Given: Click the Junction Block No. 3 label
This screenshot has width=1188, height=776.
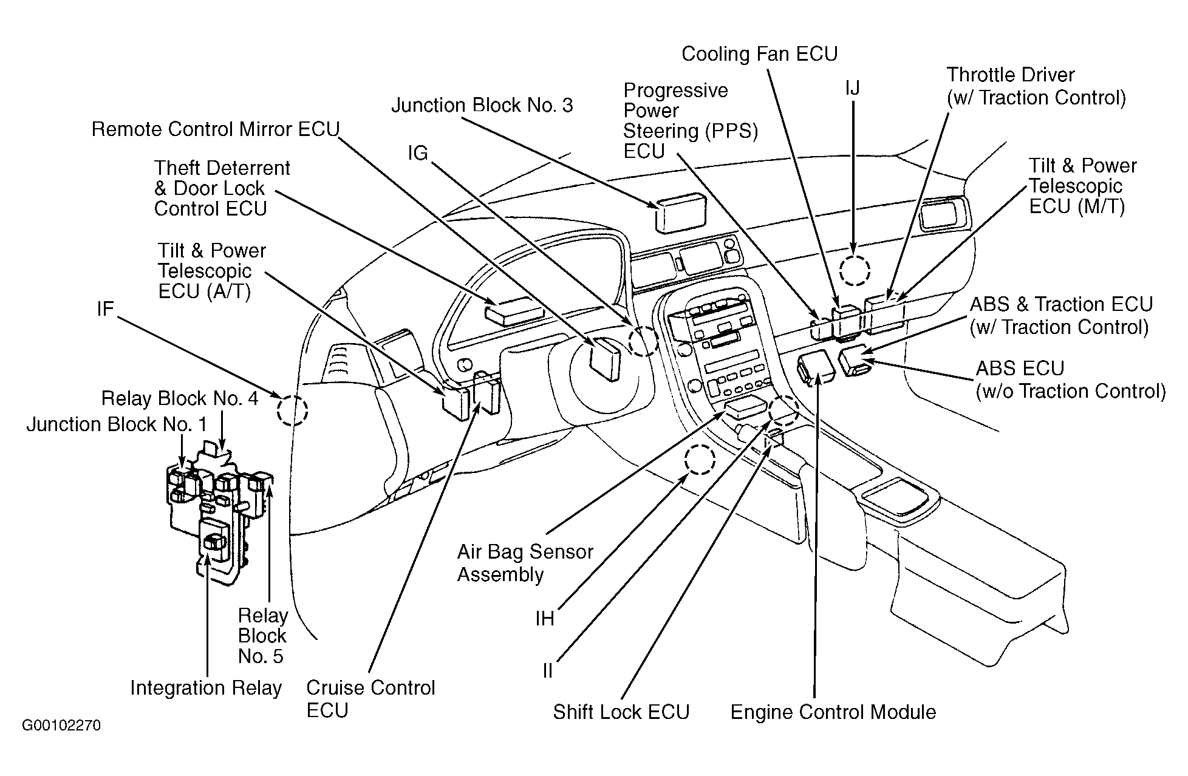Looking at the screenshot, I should point(482,106).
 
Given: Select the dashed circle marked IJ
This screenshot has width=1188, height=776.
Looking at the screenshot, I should point(855,270).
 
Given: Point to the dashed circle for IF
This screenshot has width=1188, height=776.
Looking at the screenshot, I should point(292,410).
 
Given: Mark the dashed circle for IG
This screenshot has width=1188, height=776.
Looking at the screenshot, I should point(644,341).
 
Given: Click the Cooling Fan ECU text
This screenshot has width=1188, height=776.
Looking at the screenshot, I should point(759,54).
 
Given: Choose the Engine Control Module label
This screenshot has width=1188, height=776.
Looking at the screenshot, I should point(833,712).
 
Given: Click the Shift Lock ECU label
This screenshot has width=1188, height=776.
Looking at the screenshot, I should point(621,712).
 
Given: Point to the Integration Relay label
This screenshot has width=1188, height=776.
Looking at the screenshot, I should point(206,688).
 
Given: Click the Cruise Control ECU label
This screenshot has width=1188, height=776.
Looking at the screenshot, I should point(370,699).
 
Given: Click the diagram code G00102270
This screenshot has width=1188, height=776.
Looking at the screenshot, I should point(61,726).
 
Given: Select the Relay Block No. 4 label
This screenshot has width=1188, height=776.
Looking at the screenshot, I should point(180,399).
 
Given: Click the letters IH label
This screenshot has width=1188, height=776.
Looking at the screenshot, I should point(545,619).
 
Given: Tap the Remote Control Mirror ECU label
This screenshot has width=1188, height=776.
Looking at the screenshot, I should point(216,130).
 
